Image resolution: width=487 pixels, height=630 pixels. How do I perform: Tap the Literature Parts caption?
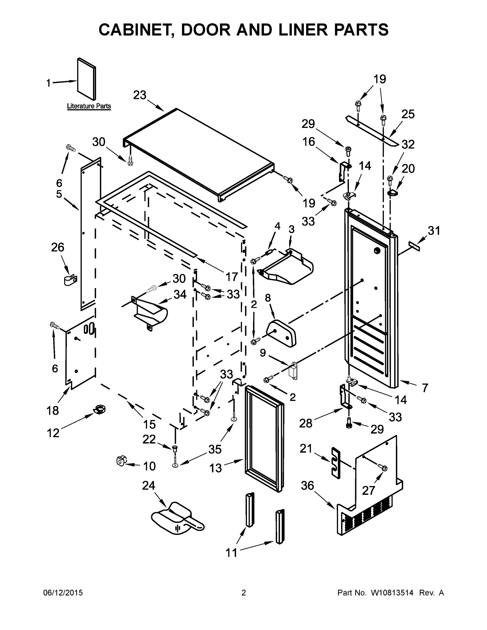[89, 106]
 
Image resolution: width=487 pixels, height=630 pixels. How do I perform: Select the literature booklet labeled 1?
[87, 78]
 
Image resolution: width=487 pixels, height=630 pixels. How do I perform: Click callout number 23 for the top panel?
[140, 95]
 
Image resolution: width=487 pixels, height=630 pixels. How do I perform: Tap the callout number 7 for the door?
[425, 388]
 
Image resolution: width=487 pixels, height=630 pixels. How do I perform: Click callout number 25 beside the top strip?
[408, 114]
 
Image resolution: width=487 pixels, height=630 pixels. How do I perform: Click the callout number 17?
[231, 277]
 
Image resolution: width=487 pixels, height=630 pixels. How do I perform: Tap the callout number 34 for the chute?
[180, 295]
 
